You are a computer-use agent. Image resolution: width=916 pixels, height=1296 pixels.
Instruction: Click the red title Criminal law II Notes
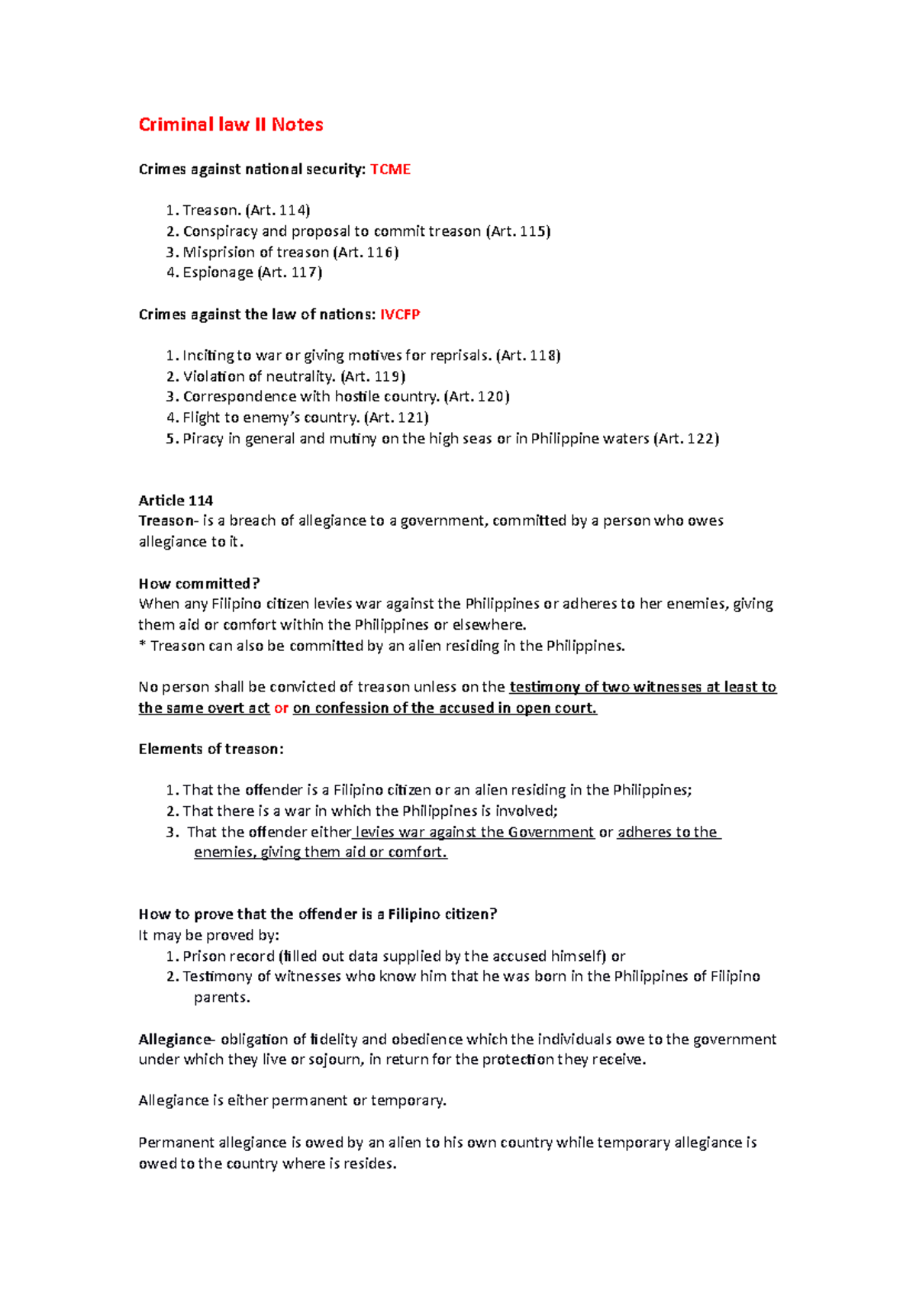[x=231, y=124]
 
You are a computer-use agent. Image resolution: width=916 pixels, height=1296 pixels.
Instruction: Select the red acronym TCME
[x=390, y=169]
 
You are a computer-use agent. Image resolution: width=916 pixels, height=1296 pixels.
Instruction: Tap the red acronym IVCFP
[x=400, y=314]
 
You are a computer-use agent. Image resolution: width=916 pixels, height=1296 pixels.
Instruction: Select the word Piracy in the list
[x=203, y=439]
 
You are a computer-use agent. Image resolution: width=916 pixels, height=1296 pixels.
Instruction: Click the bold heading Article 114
[x=176, y=501]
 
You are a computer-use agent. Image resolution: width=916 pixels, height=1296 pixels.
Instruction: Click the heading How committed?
[x=199, y=584]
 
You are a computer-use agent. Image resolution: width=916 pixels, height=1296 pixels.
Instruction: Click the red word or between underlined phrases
[x=281, y=708]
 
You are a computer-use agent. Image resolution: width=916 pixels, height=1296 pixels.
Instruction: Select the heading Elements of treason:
[x=211, y=750]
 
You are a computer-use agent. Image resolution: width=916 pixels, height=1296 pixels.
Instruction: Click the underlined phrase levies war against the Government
[x=474, y=832]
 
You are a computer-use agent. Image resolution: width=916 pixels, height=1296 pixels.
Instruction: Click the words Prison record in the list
[x=228, y=956]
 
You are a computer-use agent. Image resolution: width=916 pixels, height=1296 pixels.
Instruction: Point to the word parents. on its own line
[x=222, y=998]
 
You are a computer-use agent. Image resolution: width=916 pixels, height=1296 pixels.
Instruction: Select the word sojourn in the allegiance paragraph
[x=335, y=1060]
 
